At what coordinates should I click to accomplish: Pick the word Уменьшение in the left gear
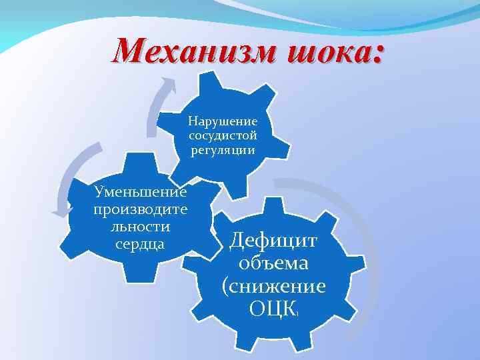point(141,193)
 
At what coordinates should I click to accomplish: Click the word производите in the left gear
point(141,209)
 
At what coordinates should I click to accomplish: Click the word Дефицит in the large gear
point(274,241)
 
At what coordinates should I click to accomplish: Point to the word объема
point(274,263)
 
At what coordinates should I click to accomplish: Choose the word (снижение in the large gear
point(274,286)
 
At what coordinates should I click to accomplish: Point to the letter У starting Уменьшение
point(101,193)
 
